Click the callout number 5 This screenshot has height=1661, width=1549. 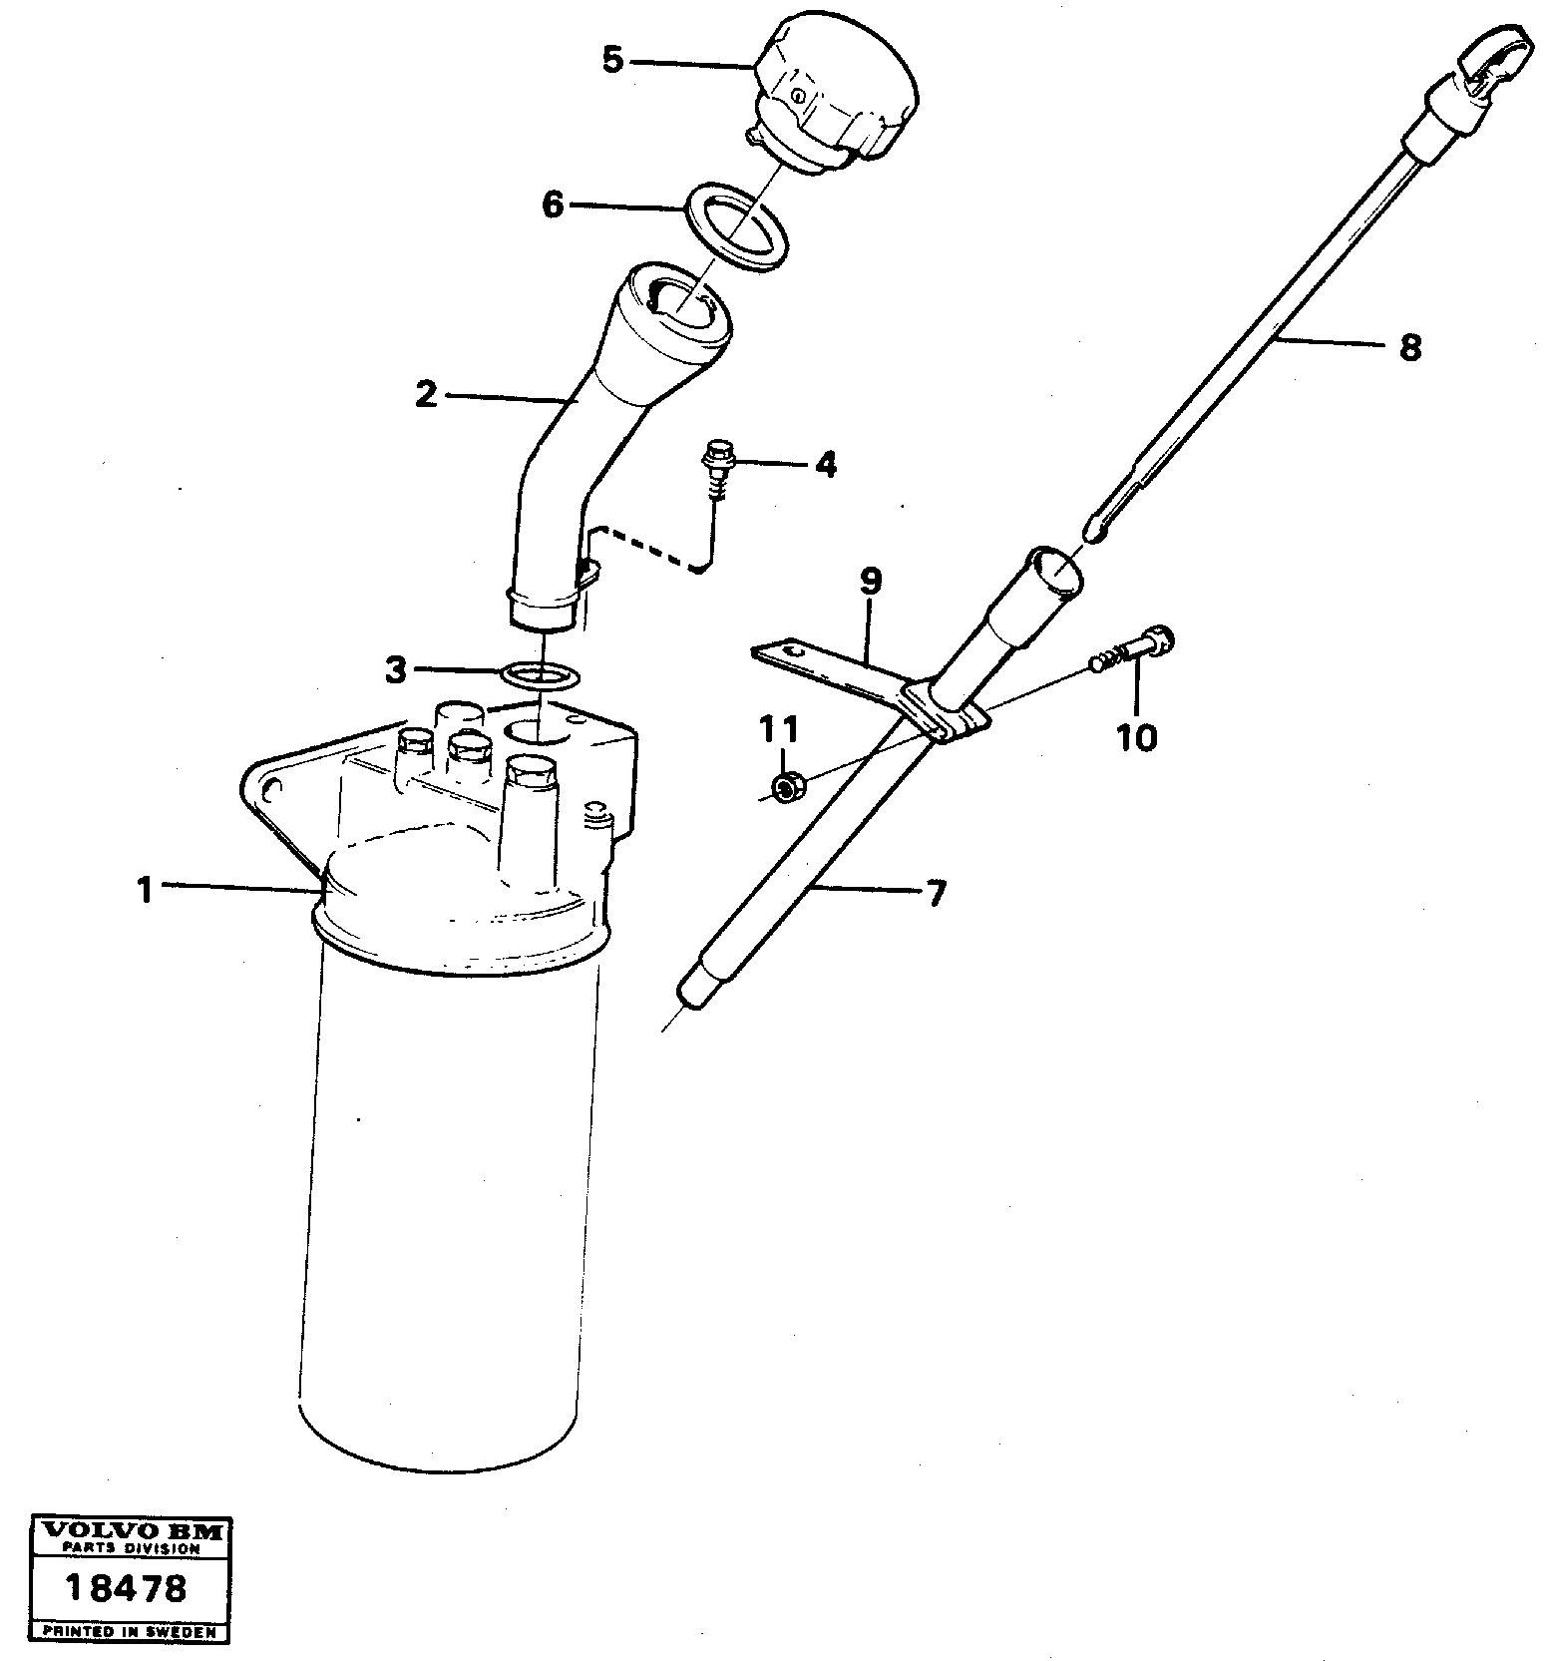click(x=612, y=60)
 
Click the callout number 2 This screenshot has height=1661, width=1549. click(x=426, y=395)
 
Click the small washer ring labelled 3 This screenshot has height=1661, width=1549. click(x=540, y=676)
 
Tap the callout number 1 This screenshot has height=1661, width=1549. click(x=146, y=889)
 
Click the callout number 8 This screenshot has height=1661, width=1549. click(x=1409, y=348)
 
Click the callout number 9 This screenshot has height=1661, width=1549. click(x=870, y=581)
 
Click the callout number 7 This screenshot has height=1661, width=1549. click(x=935, y=894)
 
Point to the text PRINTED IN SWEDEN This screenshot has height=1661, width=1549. click(x=128, y=1632)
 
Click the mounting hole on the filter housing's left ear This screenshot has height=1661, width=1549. click(x=270, y=789)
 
